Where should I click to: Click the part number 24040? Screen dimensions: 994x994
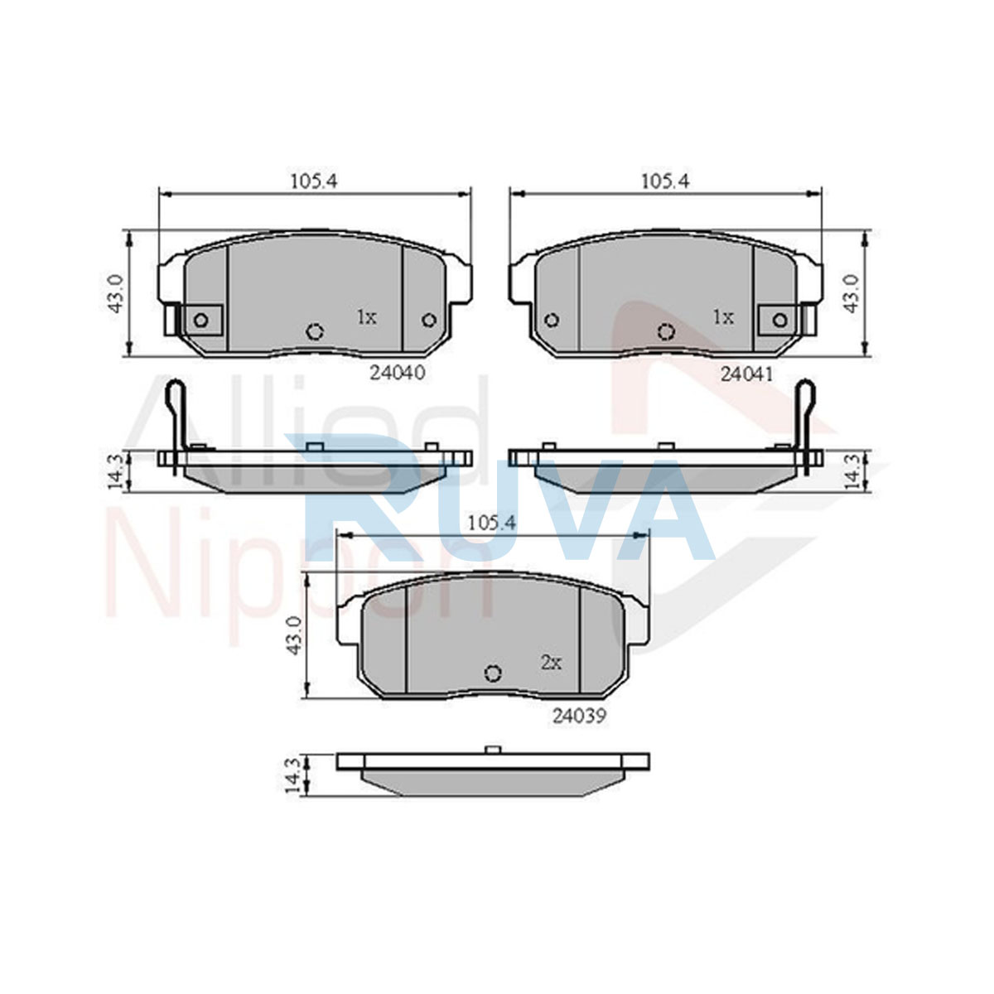[398, 373]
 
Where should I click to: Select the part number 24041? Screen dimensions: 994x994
[747, 374]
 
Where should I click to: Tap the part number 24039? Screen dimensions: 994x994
[579, 716]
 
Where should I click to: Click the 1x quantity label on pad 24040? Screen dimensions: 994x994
[367, 317]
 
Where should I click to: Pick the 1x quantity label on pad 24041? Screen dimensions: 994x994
[723, 317]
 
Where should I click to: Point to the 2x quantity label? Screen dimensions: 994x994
[551, 663]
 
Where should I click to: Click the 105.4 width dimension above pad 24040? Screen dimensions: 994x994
[314, 181]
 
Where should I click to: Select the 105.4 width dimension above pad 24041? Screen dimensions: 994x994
[665, 181]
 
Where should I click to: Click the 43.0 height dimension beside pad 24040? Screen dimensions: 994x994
[115, 293]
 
